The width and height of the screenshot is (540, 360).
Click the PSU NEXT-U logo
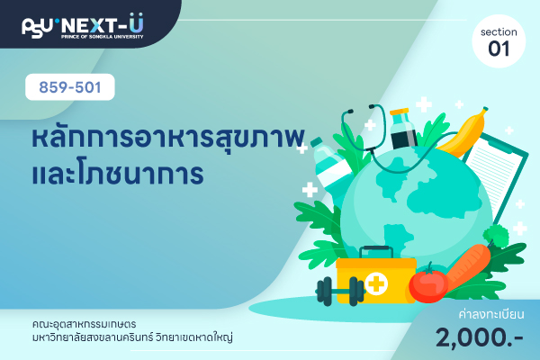point(83,26)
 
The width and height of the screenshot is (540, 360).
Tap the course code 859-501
point(70,87)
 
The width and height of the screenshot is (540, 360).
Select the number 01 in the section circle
point(499,49)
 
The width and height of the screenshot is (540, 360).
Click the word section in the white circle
point(499,32)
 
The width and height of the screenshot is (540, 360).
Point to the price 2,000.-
point(480,337)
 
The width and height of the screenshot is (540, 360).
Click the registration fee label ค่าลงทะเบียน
point(491,314)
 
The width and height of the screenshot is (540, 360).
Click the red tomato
point(428,284)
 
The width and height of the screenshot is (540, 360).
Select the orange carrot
point(468,265)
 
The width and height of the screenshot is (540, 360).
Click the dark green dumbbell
point(340,292)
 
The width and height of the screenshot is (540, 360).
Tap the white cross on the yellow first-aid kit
point(376,283)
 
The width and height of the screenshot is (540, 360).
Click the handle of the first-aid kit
point(376,251)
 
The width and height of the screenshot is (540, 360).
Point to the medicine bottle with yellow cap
point(402,129)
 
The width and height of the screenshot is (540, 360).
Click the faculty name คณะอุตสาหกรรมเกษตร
point(84,324)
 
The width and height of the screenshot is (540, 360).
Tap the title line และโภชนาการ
point(118,174)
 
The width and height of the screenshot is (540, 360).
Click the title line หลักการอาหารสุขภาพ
point(168,138)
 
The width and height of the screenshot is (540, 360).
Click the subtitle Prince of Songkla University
point(103,37)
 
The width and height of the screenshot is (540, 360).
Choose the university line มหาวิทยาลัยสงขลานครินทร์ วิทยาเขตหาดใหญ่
point(132,337)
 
